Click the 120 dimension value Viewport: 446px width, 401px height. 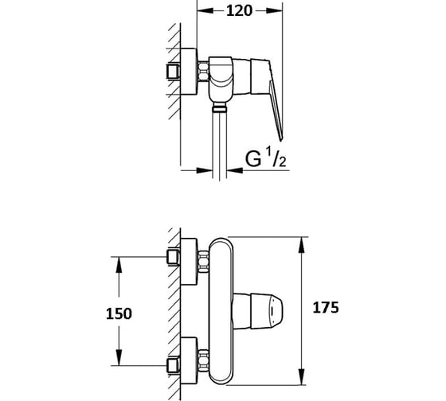[239, 11]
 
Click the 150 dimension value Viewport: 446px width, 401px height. [119, 314]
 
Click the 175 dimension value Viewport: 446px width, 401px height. [326, 307]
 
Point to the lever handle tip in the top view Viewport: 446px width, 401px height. [281, 138]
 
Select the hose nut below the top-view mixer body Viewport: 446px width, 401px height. [220, 107]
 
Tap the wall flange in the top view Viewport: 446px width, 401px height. [189, 72]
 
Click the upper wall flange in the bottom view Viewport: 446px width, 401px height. [189, 262]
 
